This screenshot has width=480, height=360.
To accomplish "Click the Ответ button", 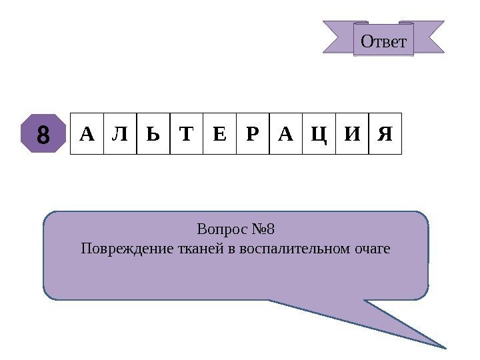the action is [383, 41].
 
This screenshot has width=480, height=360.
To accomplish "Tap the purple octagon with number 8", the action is [43, 134].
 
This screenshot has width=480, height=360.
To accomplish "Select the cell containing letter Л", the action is [120, 134].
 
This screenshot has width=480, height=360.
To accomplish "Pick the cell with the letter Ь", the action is [153, 134].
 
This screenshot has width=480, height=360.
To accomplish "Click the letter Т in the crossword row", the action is [187, 134].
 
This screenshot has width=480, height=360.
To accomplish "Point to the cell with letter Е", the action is [219, 134].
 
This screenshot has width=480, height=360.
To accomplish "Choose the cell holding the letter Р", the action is [253, 134].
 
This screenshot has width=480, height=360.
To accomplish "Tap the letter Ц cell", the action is [319, 134].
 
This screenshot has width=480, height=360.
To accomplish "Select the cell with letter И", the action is [352, 134].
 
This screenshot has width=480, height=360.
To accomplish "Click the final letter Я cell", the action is [385, 134].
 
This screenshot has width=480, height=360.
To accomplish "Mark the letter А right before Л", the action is [87, 134].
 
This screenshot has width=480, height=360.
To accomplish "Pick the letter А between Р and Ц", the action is [286, 134].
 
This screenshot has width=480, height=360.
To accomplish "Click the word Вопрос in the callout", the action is [220, 230].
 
